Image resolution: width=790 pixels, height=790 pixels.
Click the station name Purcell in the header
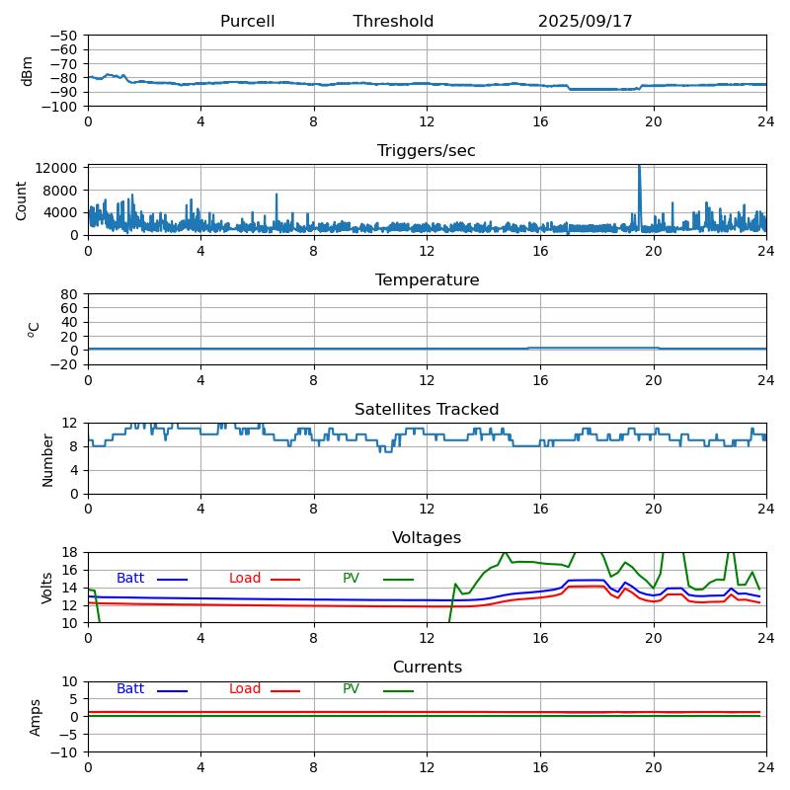(x=247, y=22)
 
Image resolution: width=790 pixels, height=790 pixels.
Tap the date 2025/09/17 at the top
(x=585, y=22)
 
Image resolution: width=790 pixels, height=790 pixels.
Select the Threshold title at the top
(x=393, y=22)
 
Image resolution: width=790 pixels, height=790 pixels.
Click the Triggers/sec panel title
(x=427, y=151)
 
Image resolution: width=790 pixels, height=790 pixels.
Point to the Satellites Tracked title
(x=427, y=410)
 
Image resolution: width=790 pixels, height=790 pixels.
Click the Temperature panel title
(x=427, y=280)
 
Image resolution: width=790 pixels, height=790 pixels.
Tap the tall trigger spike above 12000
(x=639, y=170)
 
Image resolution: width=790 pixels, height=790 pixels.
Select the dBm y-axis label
(x=28, y=71)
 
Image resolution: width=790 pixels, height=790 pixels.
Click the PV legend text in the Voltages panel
(x=351, y=579)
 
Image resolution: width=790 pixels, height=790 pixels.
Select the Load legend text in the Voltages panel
(x=245, y=579)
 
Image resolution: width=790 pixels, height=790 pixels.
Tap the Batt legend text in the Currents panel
(x=130, y=689)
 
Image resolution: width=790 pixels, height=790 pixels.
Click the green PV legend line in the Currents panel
(x=398, y=690)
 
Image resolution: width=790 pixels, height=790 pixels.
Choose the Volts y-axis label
(x=47, y=588)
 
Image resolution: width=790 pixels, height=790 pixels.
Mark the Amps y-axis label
(x=36, y=717)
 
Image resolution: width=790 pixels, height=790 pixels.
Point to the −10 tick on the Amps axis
(x=63, y=752)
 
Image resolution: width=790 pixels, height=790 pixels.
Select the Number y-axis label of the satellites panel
(x=47, y=459)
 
